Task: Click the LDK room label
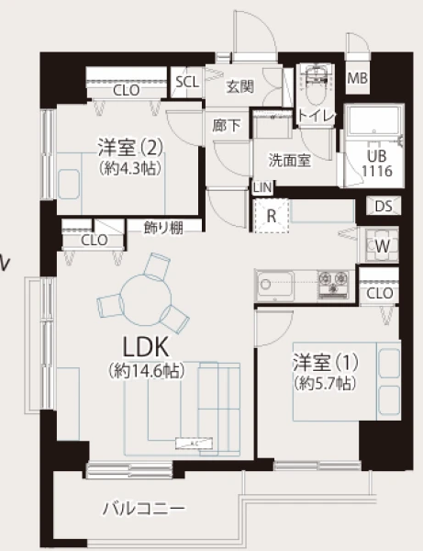point(146,347)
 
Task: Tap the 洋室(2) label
point(130,148)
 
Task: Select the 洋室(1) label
point(326,363)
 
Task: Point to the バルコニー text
point(143,509)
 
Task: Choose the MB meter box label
point(357,78)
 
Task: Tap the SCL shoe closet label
point(187,82)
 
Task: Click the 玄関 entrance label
point(240,86)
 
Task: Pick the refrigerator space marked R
point(272,216)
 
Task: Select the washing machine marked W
point(382,246)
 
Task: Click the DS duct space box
point(384,206)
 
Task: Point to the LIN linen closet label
point(262,187)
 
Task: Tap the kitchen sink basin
point(276,285)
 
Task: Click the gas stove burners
point(333,284)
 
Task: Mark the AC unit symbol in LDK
point(194,444)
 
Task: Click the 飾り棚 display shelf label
point(163,228)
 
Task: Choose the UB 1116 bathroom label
point(377,163)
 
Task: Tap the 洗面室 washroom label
point(290,160)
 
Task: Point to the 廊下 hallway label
point(227,126)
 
